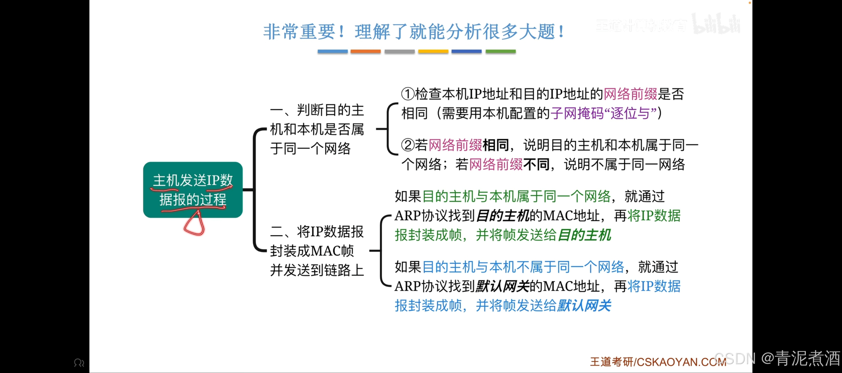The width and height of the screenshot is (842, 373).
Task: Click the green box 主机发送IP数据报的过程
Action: [x=193, y=189]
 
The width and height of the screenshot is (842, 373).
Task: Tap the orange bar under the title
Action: [x=365, y=51]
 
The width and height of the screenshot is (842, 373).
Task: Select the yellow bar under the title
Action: [x=433, y=51]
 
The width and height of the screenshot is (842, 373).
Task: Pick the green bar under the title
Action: [x=500, y=51]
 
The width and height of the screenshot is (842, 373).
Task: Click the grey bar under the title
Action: [x=399, y=51]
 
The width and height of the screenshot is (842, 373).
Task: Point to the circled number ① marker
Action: [x=408, y=94]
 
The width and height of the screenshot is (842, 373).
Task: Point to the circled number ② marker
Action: [x=408, y=145]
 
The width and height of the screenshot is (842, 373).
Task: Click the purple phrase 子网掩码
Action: [x=577, y=113]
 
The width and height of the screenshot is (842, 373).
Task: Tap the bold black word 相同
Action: [x=496, y=145]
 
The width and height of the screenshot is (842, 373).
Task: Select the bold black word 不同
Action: [x=536, y=164]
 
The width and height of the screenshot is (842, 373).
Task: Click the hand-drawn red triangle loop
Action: [x=195, y=224]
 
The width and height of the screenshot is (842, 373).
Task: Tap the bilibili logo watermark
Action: [x=716, y=24]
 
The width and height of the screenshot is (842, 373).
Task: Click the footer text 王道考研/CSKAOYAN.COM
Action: [x=658, y=362]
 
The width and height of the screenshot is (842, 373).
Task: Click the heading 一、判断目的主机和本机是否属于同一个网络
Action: [x=317, y=129]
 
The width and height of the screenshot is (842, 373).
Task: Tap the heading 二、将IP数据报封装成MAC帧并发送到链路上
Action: [x=317, y=251]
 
